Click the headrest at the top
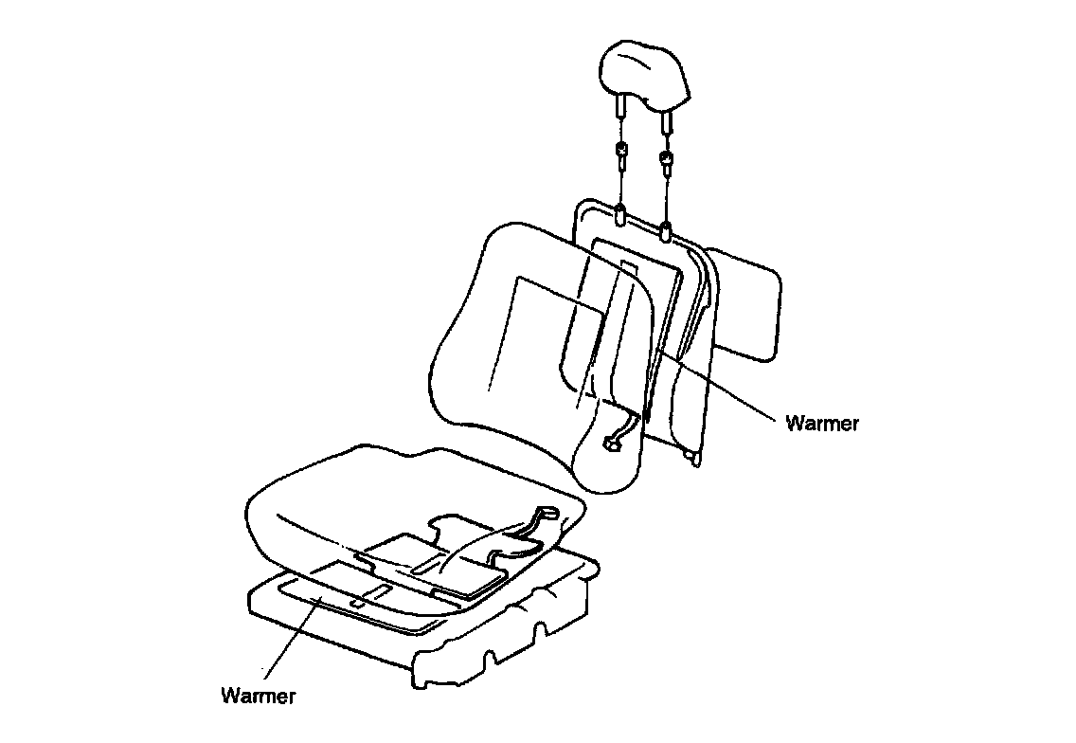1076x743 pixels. [645, 72]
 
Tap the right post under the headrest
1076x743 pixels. [667, 118]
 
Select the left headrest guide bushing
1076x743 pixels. [620, 153]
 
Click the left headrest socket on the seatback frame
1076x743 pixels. [620, 215]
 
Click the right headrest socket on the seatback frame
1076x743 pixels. [667, 228]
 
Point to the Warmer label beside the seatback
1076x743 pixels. [822, 424]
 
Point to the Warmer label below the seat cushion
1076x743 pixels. [258, 697]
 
